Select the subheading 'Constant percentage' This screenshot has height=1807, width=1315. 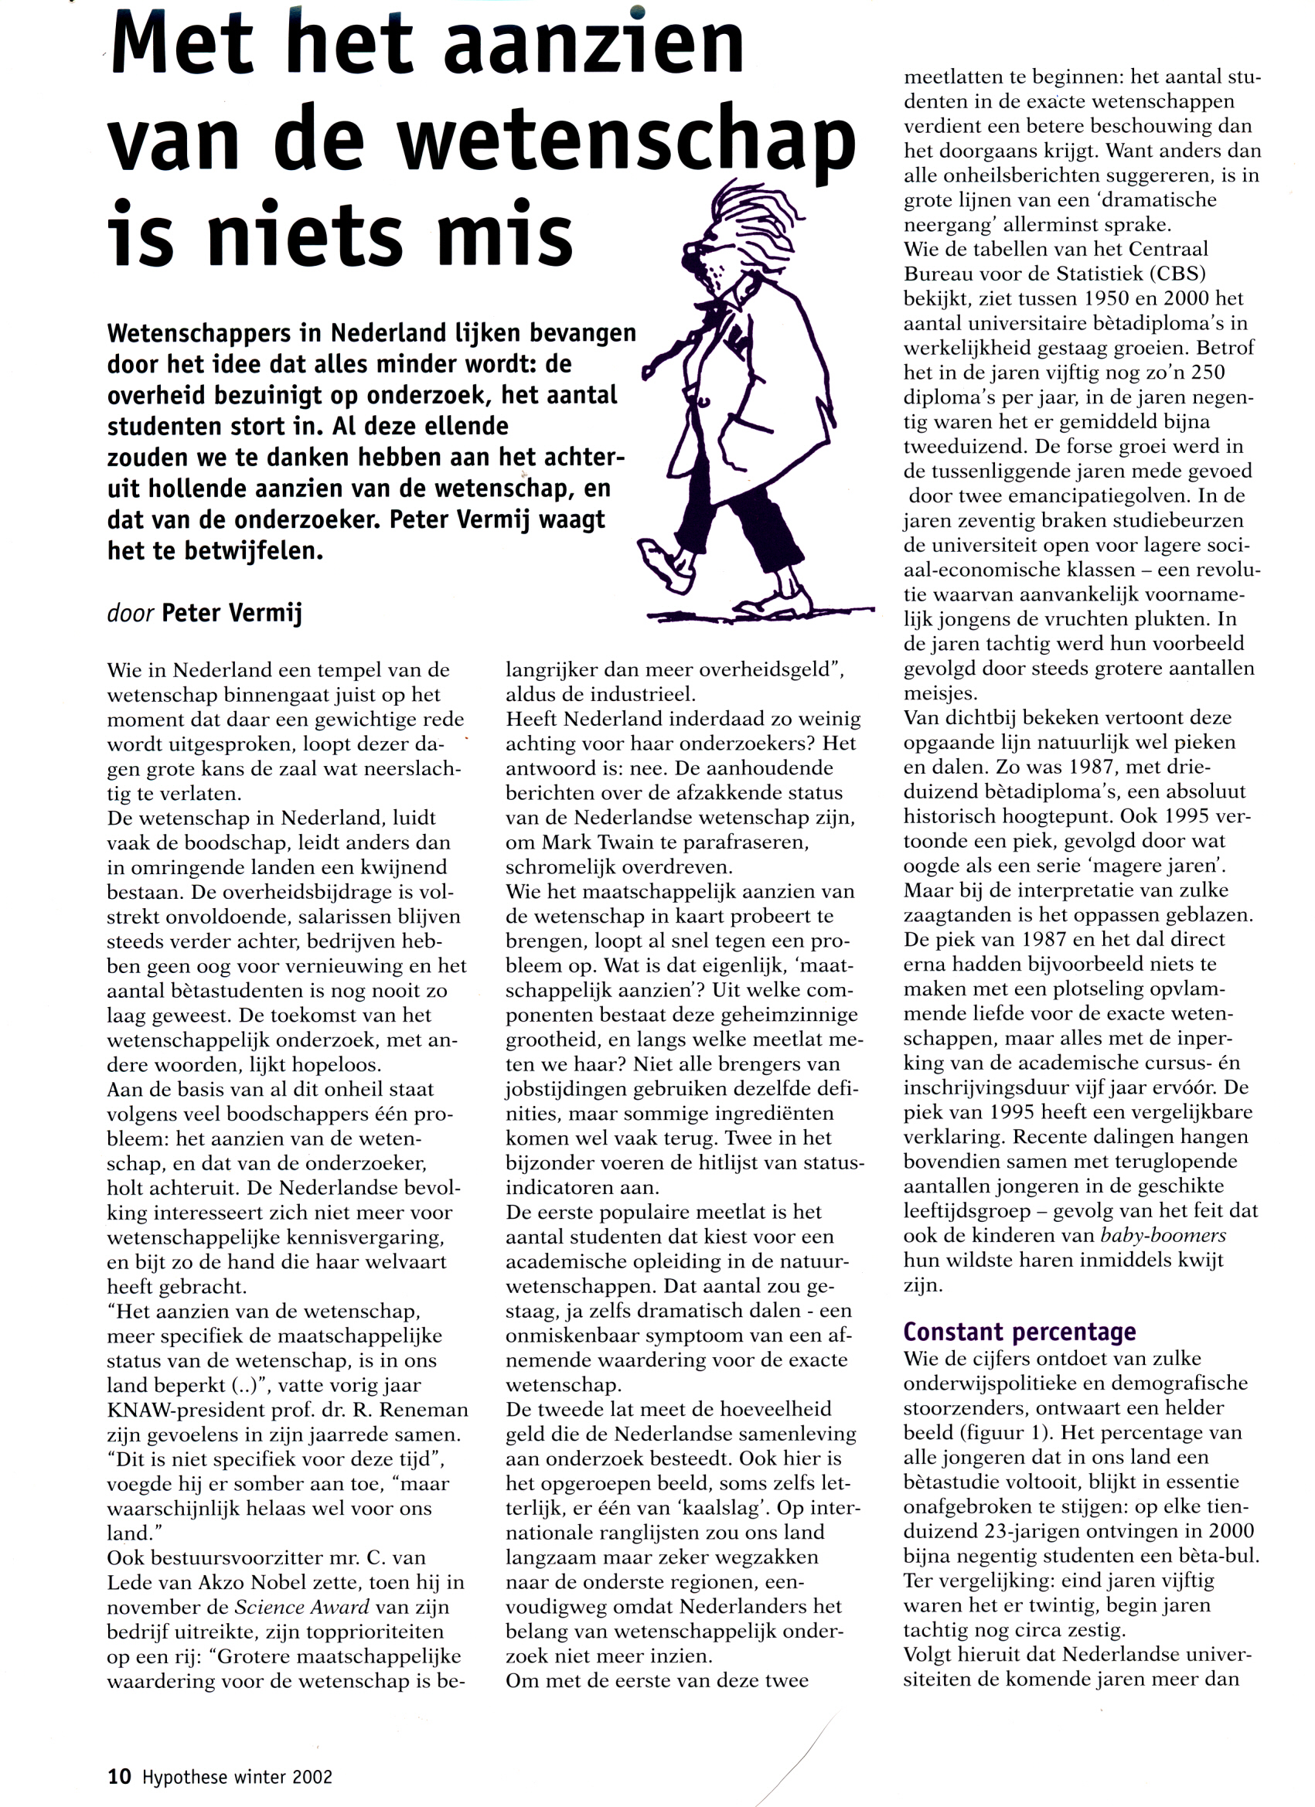pos(1020,1332)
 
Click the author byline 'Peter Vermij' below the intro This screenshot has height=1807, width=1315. pos(232,614)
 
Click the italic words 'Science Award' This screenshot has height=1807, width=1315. pos(302,1607)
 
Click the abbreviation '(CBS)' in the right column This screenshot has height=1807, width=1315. pos(1176,274)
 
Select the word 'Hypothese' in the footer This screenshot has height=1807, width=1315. pos(182,1777)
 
